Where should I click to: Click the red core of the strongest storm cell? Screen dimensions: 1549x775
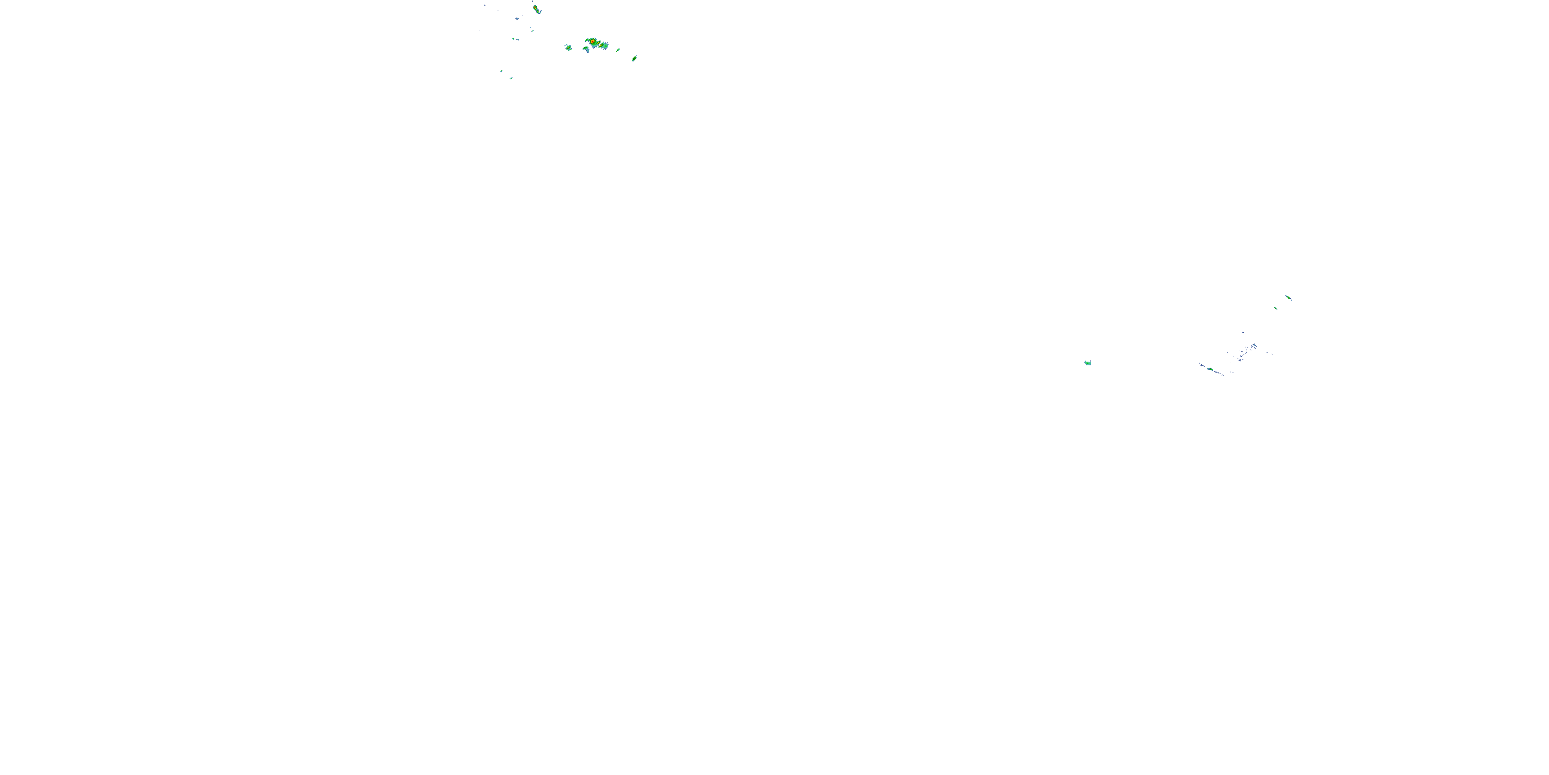593,41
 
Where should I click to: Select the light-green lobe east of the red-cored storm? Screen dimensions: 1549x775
604,46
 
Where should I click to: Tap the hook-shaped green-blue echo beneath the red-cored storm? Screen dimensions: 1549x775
587,49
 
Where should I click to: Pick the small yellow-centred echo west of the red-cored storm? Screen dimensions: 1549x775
569,48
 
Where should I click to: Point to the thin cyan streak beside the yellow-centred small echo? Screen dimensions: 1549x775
566,45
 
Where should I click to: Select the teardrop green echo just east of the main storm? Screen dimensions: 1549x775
618,50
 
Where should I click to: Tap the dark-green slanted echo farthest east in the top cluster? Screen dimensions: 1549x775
635,58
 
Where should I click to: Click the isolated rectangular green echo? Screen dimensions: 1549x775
1088,363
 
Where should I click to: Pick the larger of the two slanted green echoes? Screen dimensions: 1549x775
1289,297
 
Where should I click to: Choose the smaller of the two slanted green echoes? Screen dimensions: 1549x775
1276,308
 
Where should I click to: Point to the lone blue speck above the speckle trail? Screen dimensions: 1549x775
1243,333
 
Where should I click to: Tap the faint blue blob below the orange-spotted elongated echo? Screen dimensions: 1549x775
517,19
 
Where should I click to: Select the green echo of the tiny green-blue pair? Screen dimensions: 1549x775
514,39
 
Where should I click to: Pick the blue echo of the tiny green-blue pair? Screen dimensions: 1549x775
518,40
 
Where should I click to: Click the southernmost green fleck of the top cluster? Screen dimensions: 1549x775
511,78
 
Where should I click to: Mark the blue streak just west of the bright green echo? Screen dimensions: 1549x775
1203,366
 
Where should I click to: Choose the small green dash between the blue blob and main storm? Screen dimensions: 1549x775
533,30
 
